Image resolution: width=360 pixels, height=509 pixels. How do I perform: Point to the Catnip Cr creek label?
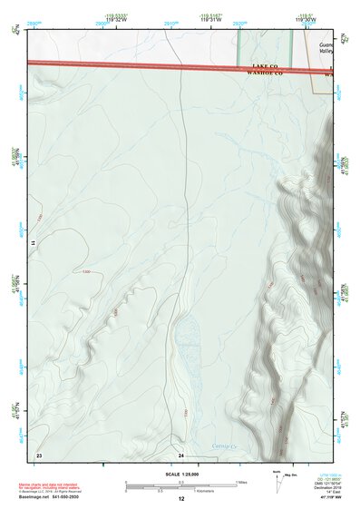pos(223,445)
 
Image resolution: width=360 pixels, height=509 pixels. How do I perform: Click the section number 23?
pos(39,454)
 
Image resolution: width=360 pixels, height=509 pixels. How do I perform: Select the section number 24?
pos(181,454)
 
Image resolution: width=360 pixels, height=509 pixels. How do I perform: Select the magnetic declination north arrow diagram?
pos(277,481)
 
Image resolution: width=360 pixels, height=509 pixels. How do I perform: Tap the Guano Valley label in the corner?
pos(327,48)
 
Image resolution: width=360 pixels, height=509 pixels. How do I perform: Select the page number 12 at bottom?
pos(181,500)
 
